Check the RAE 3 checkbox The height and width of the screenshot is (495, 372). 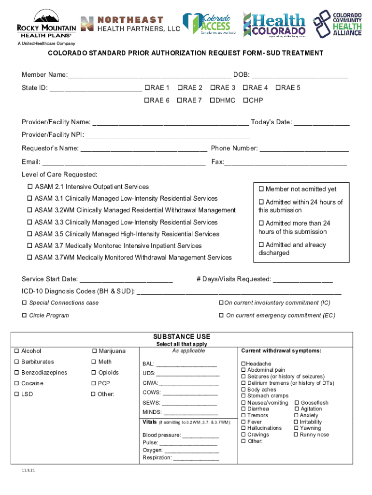[x=212, y=88]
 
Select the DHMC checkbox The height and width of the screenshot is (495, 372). [x=212, y=101]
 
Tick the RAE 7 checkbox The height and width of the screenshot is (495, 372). [x=179, y=101]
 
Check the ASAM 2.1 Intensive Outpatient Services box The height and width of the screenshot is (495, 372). [x=30, y=187]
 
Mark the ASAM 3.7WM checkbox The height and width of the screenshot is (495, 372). [x=30, y=258]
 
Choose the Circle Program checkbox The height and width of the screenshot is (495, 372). [x=24, y=316]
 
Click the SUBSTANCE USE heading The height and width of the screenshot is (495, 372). [x=182, y=336]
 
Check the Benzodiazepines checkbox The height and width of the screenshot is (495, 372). [x=17, y=373]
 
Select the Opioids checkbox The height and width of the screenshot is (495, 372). [x=94, y=373]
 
